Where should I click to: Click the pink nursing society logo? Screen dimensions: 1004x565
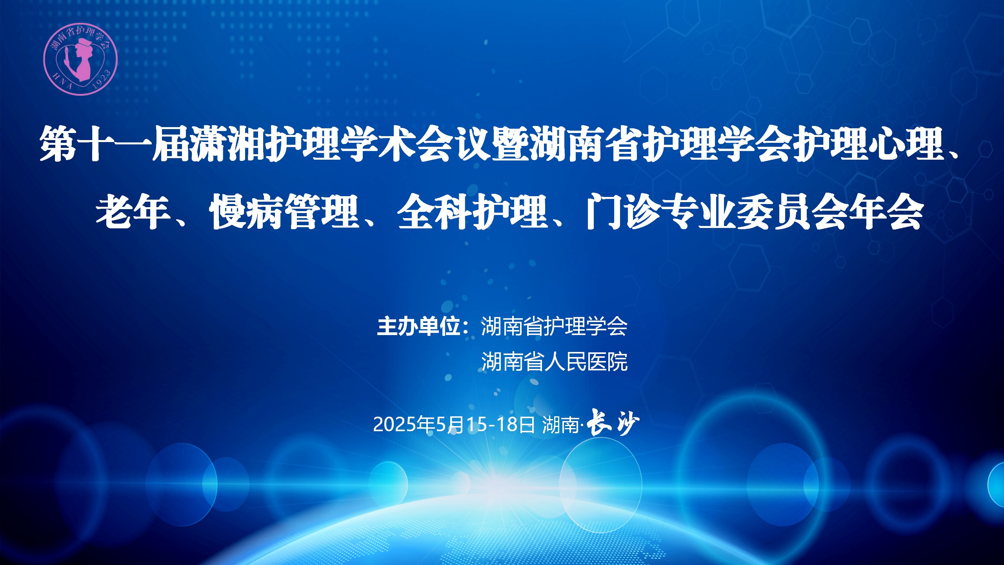(x=80, y=59)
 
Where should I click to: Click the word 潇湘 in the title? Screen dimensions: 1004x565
(x=228, y=143)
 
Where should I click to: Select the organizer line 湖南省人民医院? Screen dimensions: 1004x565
(x=555, y=361)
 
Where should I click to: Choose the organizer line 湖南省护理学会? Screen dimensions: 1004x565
(x=555, y=326)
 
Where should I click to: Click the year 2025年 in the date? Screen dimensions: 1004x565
(x=404, y=424)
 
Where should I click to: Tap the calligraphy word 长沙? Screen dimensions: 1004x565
(x=613, y=423)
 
